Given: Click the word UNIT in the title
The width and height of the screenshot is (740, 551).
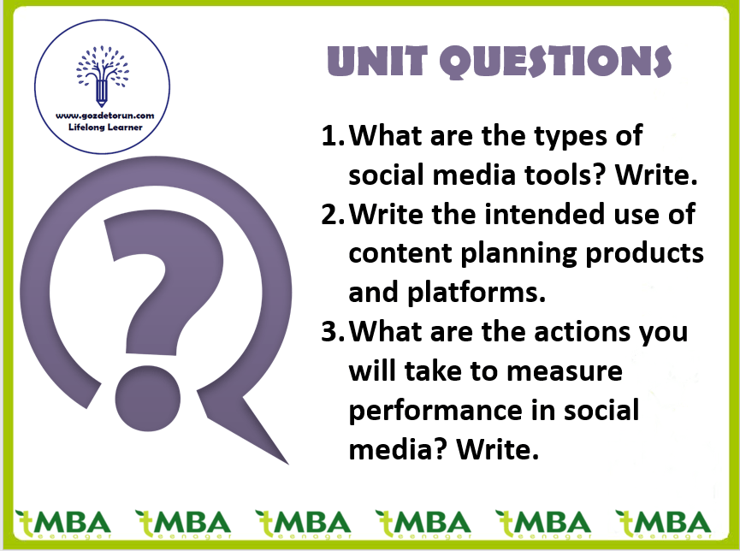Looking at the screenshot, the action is pyautogui.click(x=377, y=61).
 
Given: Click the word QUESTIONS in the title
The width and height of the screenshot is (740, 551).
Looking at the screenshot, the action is pyautogui.click(x=556, y=62).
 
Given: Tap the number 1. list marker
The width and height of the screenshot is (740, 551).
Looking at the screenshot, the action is pyautogui.click(x=333, y=136).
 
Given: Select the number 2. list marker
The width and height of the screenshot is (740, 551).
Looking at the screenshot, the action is pyautogui.click(x=333, y=215).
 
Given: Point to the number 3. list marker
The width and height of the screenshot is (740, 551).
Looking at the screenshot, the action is pyautogui.click(x=333, y=332).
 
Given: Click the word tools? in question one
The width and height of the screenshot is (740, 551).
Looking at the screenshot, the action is pyautogui.click(x=565, y=175).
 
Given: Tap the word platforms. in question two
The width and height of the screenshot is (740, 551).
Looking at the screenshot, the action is pyautogui.click(x=477, y=293).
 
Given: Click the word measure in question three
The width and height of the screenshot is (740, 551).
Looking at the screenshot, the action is pyautogui.click(x=565, y=372).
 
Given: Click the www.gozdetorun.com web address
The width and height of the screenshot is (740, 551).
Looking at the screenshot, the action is pyautogui.click(x=104, y=116).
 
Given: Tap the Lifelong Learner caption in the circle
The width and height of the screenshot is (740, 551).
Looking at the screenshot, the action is pyautogui.click(x=104, y=127).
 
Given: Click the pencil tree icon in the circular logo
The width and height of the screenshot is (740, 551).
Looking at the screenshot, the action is pyautogui.click(x=103, y=75).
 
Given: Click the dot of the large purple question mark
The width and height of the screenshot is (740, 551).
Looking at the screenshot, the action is pyautogui.click(x=148, y=398).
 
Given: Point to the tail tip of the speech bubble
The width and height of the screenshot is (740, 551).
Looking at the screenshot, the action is pyautogui.click(x=287, y=464).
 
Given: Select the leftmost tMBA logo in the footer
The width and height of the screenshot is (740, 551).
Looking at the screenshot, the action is pyautogui.click(x=62, y=524).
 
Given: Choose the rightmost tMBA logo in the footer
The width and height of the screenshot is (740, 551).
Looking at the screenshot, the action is pyautogui.click(x=663, y=524).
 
